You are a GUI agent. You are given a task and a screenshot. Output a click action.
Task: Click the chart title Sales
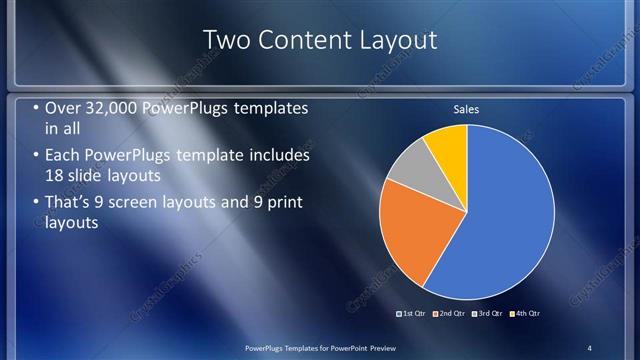(467, 109)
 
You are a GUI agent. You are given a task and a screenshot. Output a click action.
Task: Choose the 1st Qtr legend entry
(411, 313)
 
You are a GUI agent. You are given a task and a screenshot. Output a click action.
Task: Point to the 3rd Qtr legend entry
(490, 313)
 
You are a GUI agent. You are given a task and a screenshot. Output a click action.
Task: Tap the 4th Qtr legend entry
(527, 313)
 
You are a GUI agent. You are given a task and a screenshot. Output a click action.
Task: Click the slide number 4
(589, 347)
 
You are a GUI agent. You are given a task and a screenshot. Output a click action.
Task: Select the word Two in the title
(226, 40)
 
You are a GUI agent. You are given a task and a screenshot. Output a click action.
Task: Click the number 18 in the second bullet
(56, 176)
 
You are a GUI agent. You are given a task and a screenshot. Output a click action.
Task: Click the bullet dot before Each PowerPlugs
(36, 157)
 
